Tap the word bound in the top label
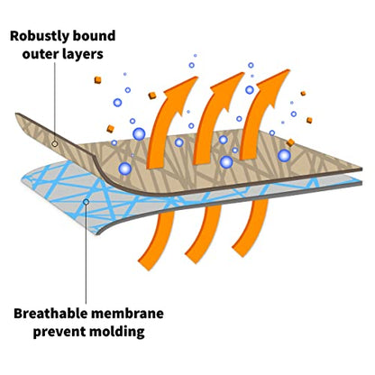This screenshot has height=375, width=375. (x=95, y=36)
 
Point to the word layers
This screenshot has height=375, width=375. (x=83, y=55)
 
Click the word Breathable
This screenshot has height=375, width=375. (x=50, y=314)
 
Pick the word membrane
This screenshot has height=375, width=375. (x=127, y=314)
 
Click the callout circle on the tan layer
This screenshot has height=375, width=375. (x=54, y=144)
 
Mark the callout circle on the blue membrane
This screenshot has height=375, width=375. (x=86, y=202)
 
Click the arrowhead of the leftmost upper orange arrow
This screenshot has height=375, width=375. (x=183, y=90)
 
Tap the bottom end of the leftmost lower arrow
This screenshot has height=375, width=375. (x=147, y=265)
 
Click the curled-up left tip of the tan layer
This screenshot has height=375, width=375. (x=16, y=114)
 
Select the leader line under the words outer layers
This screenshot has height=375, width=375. (x=55, y=102)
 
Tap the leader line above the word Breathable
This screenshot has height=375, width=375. (x=86, y=254)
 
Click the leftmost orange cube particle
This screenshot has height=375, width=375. (x=97, y=80)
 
